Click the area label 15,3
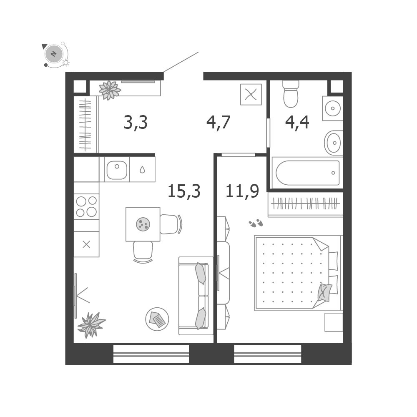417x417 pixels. [x=184, y=191]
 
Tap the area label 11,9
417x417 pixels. [x=242, y=191]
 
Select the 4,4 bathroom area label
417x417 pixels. [x=297, y=123]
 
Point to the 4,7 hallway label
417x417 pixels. [x=218, y=123]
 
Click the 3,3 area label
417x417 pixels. [x=136, y=123]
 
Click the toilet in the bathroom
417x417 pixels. [x=291, y=93]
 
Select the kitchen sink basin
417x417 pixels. [x=117, y=170]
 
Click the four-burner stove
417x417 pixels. [x=86, y=207]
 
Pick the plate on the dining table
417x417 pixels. [x=143, y=224]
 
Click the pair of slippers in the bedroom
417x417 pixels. [x=256, y=223]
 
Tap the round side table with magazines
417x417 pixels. [x=157, y=319]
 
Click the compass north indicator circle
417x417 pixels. [x=54, y=54]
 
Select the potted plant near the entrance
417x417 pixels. [x=110, y=90]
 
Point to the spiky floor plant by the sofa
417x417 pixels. [x=91, y=325]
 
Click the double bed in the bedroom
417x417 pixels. [x=297, y=273]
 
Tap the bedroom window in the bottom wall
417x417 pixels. [x=268, y=354]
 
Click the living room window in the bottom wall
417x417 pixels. [x=151, y=354]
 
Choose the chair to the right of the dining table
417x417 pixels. [x=171, y=224]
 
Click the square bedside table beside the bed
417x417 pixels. [x=334, y=322]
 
